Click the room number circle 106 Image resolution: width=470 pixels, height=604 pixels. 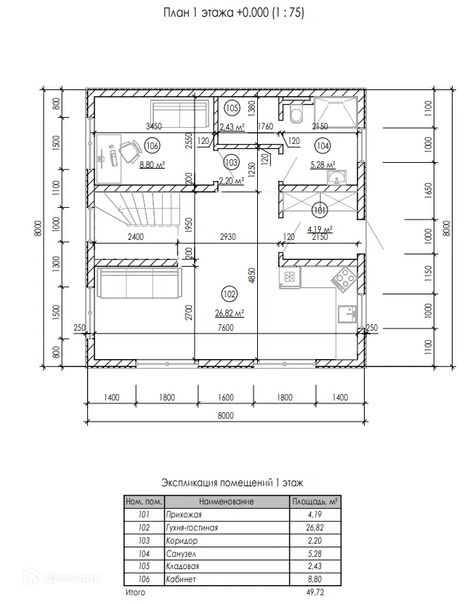point(153,146)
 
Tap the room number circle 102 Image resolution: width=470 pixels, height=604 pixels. point(230,294)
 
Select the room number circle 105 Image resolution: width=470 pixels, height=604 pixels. point(232,108)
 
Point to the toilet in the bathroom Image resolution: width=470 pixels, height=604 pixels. point(296,113)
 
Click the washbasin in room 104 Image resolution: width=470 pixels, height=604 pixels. point(337,178)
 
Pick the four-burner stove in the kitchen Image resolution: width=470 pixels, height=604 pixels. point(345,278)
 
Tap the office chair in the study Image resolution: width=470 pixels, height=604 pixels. point(130,151)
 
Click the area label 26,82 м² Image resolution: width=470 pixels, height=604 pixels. point(230,313)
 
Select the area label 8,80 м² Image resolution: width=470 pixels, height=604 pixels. point(152,165)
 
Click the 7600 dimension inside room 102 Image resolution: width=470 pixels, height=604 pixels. point(226,328)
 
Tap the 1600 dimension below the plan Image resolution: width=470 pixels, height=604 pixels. point(226,397)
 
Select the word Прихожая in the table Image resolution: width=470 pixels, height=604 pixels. point(184,515)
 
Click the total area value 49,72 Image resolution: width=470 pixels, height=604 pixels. point(315,592)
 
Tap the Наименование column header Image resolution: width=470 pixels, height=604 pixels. point(227,502)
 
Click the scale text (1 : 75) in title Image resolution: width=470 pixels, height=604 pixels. point(288,12)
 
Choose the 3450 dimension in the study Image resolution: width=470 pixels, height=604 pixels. point(153,126)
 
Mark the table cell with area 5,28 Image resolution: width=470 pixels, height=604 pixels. point(315,554)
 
